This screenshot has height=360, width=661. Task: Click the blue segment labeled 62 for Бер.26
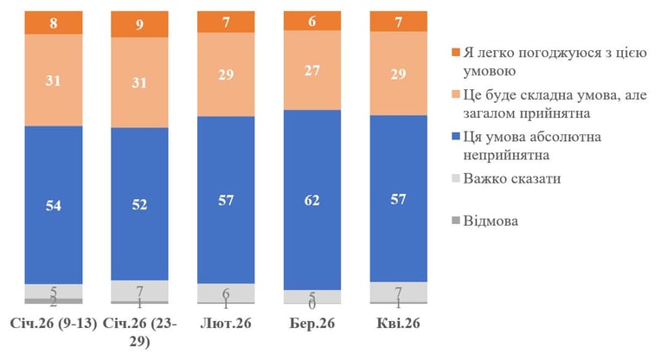click(x=312, y=200)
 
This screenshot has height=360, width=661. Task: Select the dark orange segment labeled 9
click(x=139, y=24)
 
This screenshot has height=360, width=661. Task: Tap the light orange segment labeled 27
click(x=312, y=70)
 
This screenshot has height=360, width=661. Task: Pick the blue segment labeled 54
click(x=54, y=205)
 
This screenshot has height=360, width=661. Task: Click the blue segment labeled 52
click(x=139, y=204)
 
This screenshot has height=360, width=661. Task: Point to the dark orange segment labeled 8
click(x=54, y=22)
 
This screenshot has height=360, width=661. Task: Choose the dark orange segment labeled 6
click(x=312, y=21)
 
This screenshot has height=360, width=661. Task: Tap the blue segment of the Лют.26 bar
click(x=226, y=200)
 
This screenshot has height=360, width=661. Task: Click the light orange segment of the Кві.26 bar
click(x=398, y=74)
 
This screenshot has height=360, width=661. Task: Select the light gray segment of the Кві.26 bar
click(x=398, y=292)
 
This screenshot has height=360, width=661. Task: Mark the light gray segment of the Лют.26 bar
click(x=226, y=293)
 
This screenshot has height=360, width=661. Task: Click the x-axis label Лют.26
click(x=226, y=324)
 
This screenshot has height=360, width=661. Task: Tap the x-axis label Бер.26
click(x=312, y=324)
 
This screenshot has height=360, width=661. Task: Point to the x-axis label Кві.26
click(x=398, y=324)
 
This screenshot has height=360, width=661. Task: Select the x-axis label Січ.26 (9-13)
click(x=54, y=324)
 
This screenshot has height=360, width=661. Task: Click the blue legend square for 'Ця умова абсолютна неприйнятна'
click(x=455, y=137)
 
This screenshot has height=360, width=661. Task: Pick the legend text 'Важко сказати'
click(x=512, y=179)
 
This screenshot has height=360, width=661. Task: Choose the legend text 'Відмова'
click(x=491, y=221)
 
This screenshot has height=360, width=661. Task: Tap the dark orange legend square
click(x=455, y=52)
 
